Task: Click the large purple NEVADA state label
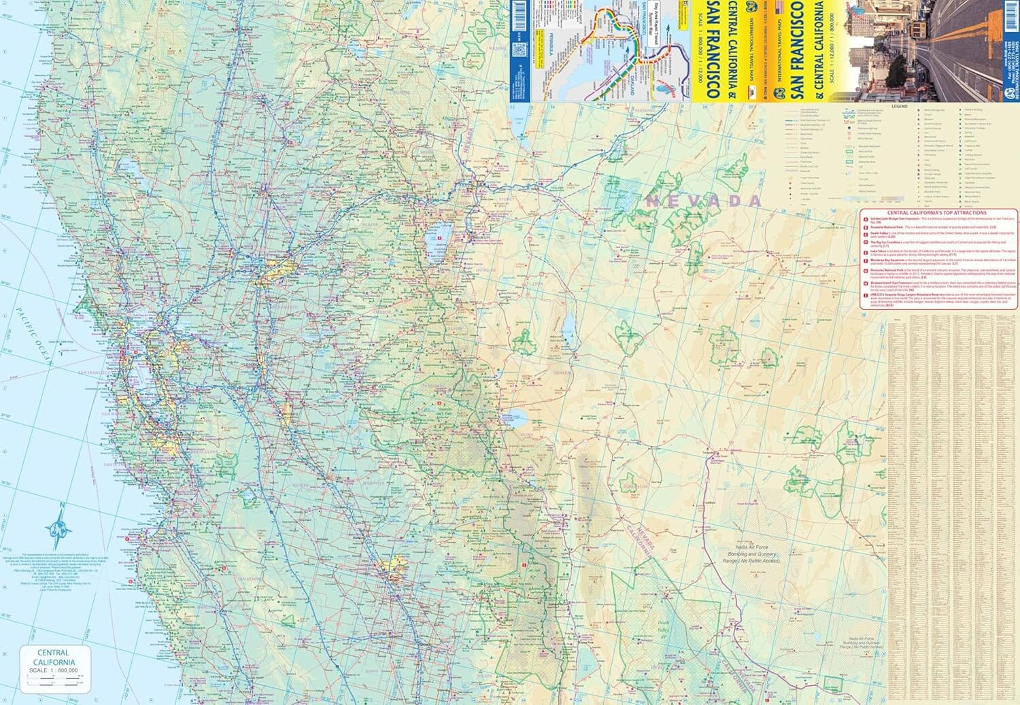pos(704,201)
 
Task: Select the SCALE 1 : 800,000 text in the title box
pos(53,670)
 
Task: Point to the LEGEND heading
pos(900,107)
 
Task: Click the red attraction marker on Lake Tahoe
pos(440,237)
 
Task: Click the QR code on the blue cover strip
pos(519,51)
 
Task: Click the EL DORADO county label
pos(381,260)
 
